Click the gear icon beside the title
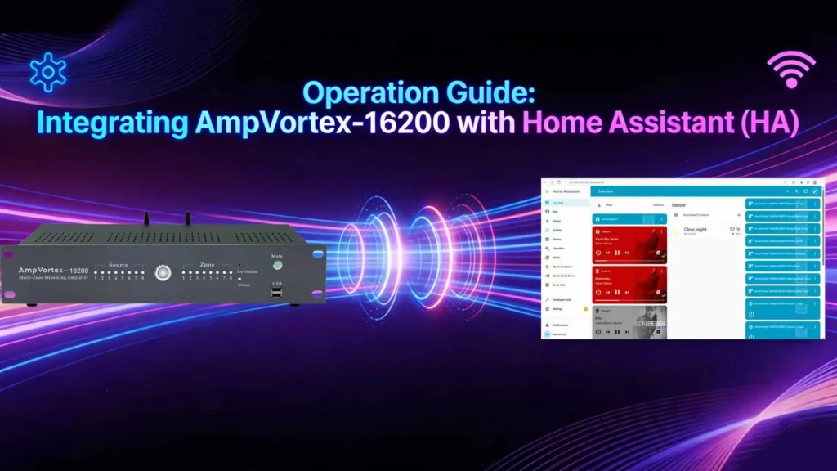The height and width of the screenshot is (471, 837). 47,73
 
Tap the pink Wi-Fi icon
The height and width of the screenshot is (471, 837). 791,70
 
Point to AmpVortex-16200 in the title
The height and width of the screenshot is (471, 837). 320,123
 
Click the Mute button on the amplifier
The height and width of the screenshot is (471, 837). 277,264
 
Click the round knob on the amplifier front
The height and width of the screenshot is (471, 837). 163,272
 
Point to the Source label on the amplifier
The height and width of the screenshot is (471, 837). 119,266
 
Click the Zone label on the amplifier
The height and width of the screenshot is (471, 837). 208,266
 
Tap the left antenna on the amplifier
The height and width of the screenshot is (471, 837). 148,220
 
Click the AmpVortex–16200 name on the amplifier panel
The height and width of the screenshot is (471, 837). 51,270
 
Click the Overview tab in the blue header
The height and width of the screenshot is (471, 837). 606,191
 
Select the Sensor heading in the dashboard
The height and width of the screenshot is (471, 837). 678,204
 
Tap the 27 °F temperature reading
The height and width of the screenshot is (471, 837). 734,230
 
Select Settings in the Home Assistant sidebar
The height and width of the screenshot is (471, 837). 557,310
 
